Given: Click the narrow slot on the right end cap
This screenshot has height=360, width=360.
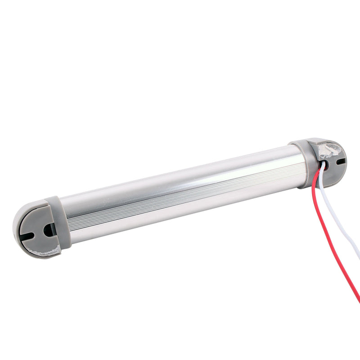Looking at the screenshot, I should [341, 161].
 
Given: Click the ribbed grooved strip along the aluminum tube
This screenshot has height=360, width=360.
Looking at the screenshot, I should [180, 202].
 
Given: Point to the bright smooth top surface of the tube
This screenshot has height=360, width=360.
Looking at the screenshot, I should [180, 180].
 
